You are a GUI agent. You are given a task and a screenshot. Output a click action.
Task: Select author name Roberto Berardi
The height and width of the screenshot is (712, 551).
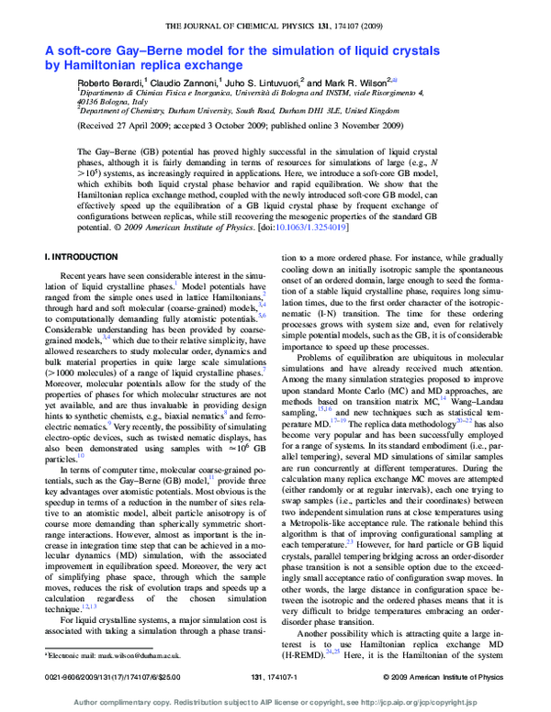(x=110, y=83)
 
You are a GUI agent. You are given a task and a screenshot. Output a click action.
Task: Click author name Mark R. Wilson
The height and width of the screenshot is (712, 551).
(x=359, y=83)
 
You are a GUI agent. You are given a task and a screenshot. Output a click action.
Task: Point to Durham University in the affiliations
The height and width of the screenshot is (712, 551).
(x=204, y=109)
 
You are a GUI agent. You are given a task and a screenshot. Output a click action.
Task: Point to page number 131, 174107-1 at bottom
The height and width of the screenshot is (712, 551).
(x=276, y=675)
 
